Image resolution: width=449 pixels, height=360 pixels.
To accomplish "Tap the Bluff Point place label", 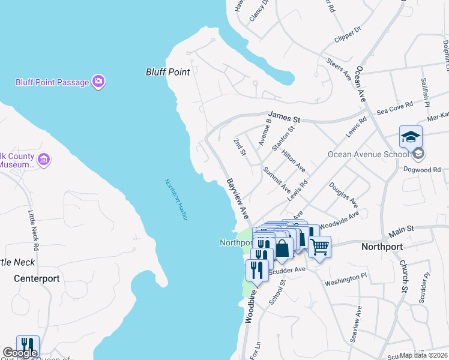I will pyautogui.click(x=167, y=72).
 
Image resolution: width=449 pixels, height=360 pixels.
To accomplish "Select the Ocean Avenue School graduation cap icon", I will pyautogui.click(x=411, y=137).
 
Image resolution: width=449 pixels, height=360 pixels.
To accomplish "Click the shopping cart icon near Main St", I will pyautogui.click(x=319, y=246).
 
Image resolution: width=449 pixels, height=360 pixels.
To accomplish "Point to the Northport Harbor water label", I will pyautogui.click(x=176, y=199).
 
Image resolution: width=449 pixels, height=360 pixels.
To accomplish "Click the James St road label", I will pyautogui.click(x=279, y=115).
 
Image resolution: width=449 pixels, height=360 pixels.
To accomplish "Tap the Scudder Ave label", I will pyautogui.click(x=288, y=270).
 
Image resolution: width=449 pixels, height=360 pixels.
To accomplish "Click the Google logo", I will pyautogui.click(x=20, y=353).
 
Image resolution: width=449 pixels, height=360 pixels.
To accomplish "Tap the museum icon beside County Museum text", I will pyautogui.click(x=43, y=160).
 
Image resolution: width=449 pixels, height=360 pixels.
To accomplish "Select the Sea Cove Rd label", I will pyautogui.click(x=394, y=108).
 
